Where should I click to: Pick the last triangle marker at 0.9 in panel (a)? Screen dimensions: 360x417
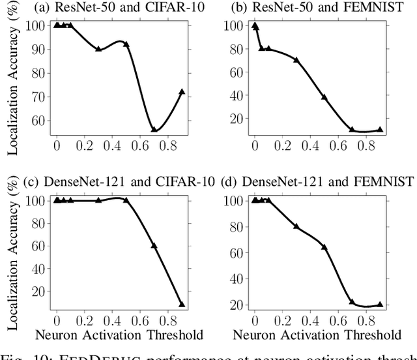182,92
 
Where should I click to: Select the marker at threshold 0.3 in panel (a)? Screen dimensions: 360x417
98,49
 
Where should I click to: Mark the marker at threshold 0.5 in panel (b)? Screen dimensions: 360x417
324,97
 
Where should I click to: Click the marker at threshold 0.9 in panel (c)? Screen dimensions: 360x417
182,304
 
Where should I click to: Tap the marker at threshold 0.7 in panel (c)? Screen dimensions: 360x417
154,245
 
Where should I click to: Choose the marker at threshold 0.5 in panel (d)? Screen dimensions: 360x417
324,247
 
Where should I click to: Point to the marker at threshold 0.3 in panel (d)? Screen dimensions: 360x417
296,226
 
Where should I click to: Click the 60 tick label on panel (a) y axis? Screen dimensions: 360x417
40,121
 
